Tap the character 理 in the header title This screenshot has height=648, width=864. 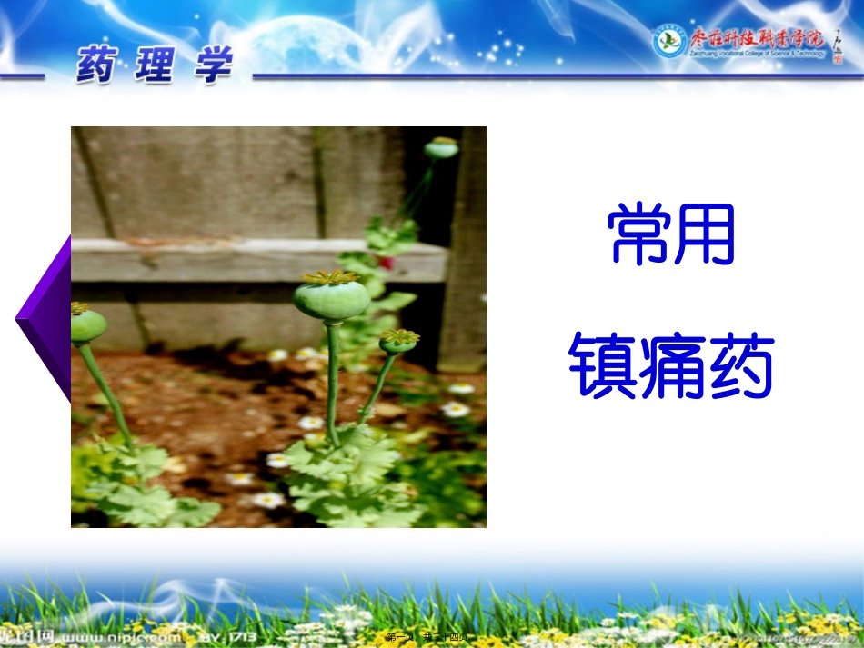point(155,65)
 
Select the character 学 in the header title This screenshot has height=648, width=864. point(212,65)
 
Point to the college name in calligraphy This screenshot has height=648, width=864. point(758,39)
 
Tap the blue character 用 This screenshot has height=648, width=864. point(704,234)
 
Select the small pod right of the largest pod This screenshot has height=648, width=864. point(398,342)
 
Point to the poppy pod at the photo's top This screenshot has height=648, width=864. point(442,147)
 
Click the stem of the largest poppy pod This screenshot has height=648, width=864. point(333,382)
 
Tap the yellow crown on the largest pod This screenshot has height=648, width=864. point(331,277)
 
